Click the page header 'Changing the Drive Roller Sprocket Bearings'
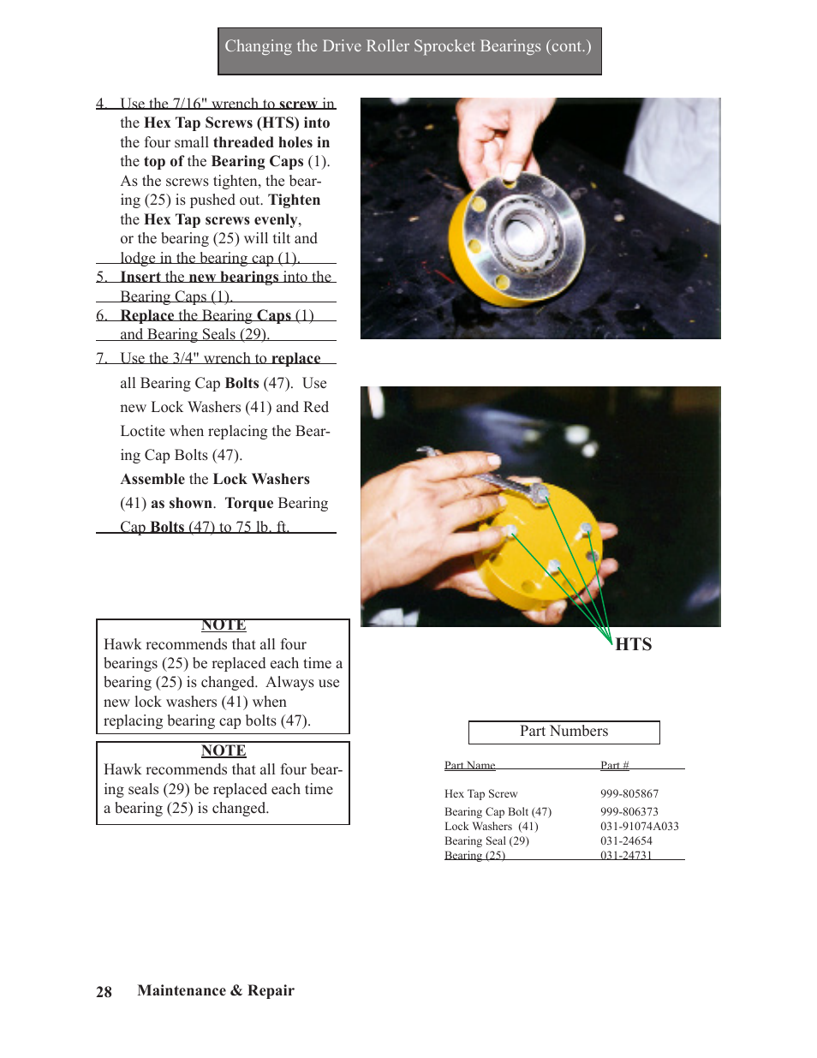tap(408, 47)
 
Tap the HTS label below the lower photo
tap(634, 644)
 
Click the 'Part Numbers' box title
tap(564, 732)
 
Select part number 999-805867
tap(629, 794)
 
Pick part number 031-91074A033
tap(639, 827)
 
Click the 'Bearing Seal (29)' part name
tap(486, 841)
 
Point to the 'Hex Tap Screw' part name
tap(480, 794)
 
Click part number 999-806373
tap(629, 812)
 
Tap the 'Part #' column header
tap(614, 765)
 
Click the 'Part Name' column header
tap(469, 765)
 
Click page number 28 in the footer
tap(104, 992)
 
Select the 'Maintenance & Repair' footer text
tap(216, 990)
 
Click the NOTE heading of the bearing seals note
tap(224, 750)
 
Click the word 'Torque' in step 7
tap(248, 504)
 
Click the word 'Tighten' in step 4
tap(294, 200)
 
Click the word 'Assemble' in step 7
tap(152, 480)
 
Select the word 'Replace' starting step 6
tap(146, 315)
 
